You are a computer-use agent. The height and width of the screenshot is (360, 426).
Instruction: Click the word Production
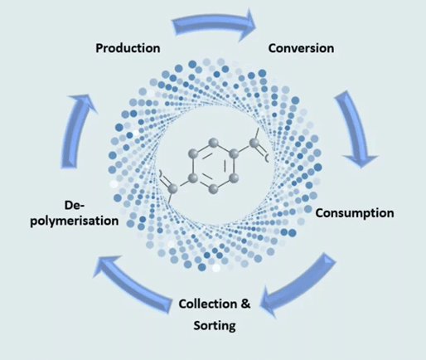pyautogui.click(x=128, y=48)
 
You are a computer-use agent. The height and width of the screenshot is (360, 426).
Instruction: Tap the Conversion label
pyautogui.click(x=301, y=48)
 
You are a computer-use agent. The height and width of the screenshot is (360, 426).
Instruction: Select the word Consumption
pyautogui.click(x=355, y=213)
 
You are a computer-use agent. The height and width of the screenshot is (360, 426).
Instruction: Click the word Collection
pyautogui.click(x=208, y=304)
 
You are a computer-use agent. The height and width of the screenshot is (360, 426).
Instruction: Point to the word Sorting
pyautogui.click(x=215, y=325)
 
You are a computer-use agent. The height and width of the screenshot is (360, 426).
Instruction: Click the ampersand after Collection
pyautogui.click(x=245, y=304)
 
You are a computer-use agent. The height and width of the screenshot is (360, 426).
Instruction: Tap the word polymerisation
pyautogui.click(x=75, y=221)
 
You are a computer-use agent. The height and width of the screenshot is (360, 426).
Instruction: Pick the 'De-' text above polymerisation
pyautogui.click(x=75, y=206)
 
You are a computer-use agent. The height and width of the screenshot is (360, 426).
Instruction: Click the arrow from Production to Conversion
pyautogui.click(x=213, y=22)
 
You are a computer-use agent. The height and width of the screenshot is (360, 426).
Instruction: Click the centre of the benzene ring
pyautogui.click(x=214, y=165)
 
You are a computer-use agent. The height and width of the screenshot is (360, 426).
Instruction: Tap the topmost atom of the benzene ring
pyautogui.click(x=213, y=144)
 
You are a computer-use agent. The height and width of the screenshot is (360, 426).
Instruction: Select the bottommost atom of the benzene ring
pyautogui.click(x=213, y=188)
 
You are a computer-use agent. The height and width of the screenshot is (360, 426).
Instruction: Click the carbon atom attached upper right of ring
pyautogui.click(x=254, y=143)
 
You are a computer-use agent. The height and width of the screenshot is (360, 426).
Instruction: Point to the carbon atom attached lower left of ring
pyautogui.click(x=173, y=189)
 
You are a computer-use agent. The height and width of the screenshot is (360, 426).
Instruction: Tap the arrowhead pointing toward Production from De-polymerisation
pyautogui.click(x=82, y=102)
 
